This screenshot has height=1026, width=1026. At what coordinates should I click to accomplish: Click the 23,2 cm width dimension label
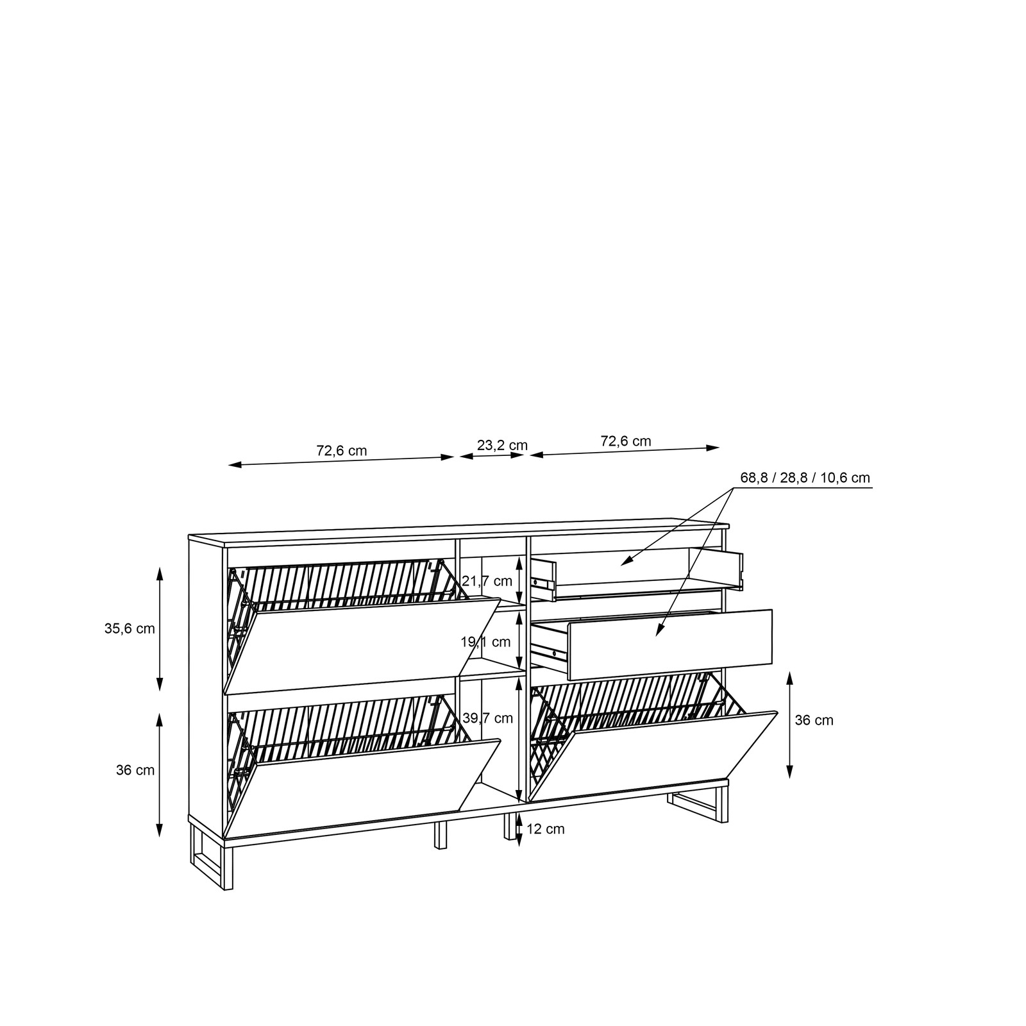502,445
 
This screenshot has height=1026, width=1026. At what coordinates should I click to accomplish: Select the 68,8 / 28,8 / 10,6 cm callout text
805,478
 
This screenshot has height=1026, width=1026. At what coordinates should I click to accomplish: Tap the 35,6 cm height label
130,628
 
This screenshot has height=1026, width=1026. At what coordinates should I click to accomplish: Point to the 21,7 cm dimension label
487,581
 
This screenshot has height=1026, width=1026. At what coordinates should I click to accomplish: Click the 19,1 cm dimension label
485,641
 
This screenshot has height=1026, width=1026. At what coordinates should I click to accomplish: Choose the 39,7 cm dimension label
487,718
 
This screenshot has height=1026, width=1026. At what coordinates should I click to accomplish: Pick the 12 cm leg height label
545,829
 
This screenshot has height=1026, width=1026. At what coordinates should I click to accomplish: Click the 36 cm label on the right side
814,720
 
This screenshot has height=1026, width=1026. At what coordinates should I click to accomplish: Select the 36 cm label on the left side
135,770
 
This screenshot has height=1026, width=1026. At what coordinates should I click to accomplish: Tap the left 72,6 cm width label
341,450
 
